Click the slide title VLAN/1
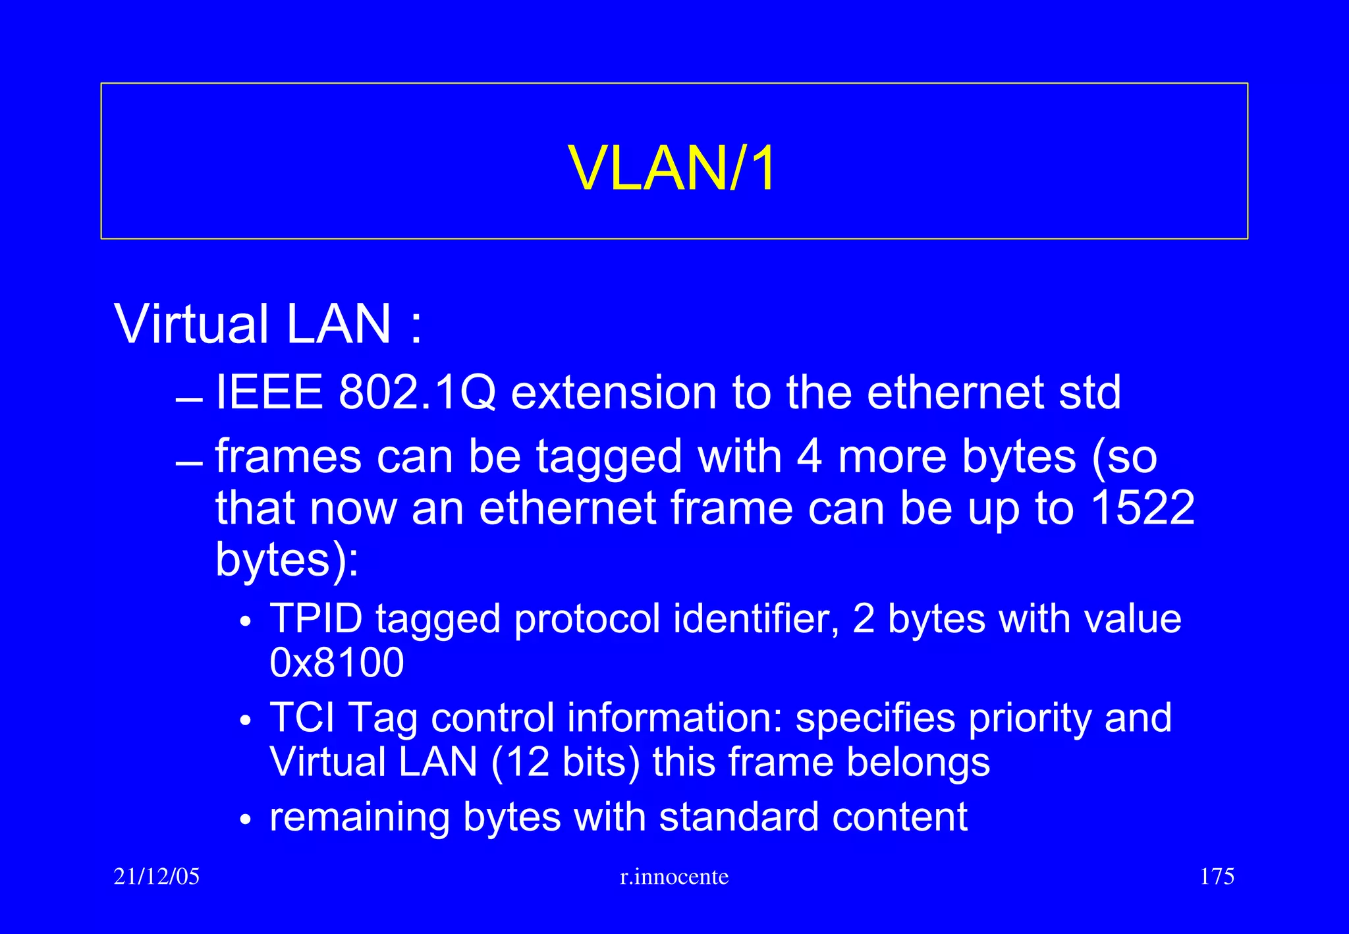(673, 169)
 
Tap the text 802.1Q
(416, 393)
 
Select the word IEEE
(269, 393)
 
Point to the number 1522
(1142, 508)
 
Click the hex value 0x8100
(337, 663)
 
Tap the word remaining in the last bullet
(360, 817)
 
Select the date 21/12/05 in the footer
(157, 877)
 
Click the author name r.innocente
(674, 877)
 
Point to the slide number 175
(1217, 877)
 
